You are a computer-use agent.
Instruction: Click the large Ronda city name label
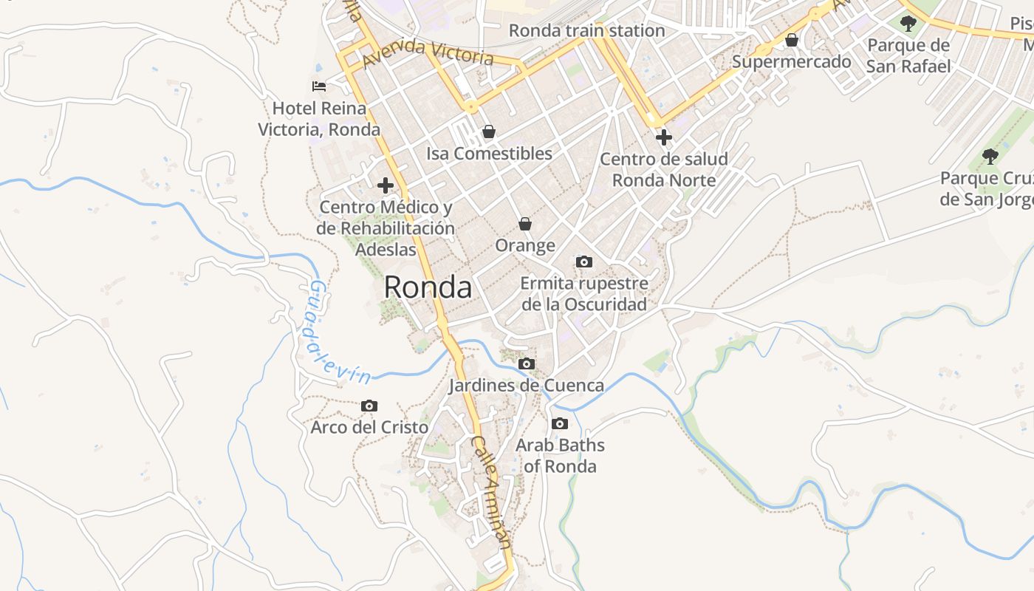tap(428, 287)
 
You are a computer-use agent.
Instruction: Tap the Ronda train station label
tap(586, 31)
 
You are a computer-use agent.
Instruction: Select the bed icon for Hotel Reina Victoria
tap(319, 86)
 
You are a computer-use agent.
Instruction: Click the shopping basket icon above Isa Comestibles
tap(488, 132)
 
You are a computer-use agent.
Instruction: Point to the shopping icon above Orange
tap(524, 224)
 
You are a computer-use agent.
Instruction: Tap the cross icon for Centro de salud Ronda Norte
tap(663, 137)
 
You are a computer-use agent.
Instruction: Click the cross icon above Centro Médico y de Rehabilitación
tap(385, 185)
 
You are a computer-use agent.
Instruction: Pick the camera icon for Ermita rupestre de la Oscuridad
tap(583, 262)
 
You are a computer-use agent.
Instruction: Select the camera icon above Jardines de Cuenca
tap(526, 363)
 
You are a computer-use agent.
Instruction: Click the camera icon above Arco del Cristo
tap(369, 406)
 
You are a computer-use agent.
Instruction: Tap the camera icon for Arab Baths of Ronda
tap(559, 423)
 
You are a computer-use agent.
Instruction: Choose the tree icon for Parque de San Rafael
tap(908, 24)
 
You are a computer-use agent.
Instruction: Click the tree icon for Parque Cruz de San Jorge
tap(990, 157)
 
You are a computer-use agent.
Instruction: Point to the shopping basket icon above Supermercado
tap(791, 40)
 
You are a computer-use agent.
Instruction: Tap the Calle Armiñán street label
tap(491, 492)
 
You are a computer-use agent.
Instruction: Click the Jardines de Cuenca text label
tap(526, 385)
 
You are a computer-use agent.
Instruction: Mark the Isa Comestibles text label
tap(489, 154)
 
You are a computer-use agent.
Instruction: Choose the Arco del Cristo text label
tap(369, 427)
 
